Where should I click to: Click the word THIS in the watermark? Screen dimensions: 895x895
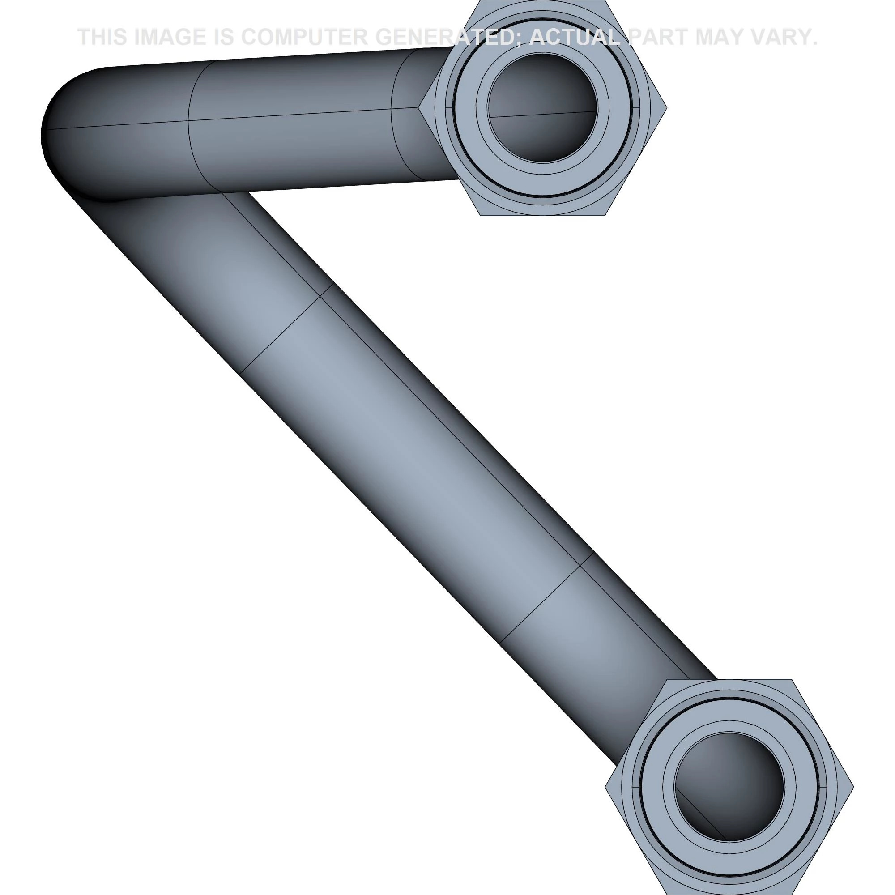click(102, 37)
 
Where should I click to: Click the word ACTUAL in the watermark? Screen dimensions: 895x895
click(575, 37)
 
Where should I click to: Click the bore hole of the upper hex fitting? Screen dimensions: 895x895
click(542, 107)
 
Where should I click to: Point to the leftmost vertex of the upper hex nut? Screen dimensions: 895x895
click(419, 107)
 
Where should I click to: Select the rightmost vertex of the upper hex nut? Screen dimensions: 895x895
click(667, 107)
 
